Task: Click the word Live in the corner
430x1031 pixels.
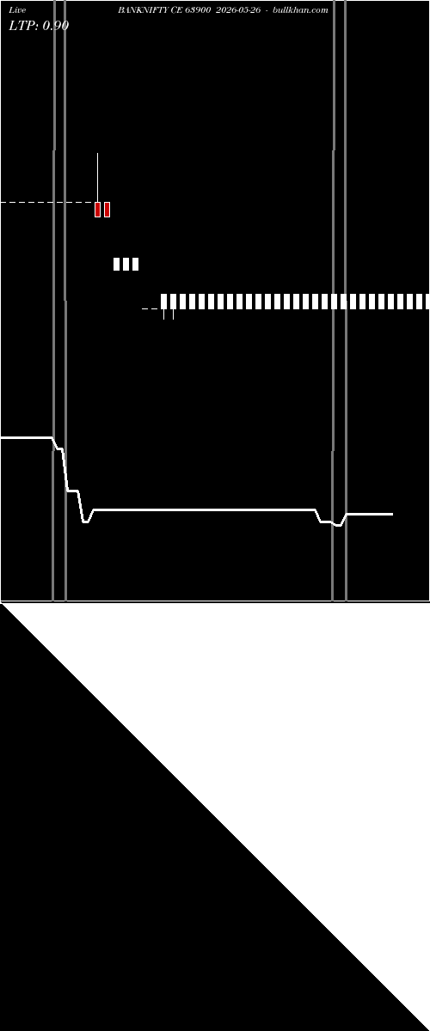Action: [x=17, y=10]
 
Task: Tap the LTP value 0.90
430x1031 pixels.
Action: [x=55, y=26]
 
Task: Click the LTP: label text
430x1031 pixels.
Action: [x=24, y=26]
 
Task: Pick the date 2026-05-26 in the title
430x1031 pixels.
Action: [x=238, y=10]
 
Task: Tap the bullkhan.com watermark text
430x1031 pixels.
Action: [x=300, y=10]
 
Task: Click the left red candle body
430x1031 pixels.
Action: [x=98, y=210]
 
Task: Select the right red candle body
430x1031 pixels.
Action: [x=107, y=210]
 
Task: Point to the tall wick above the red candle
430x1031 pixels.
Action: [x=98, y=178]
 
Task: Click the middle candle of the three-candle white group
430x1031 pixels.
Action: [x=126, y=265]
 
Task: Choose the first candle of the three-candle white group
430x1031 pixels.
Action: [x=117, y=265]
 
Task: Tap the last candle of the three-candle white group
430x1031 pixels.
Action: [x=136, y=265]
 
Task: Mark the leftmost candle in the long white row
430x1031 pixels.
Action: [x=163, y=302]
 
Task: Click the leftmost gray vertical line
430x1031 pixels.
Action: [x=54, y=301]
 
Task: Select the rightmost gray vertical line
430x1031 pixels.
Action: [x=346, y=301]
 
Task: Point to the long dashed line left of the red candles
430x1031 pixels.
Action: [x=47, y=203]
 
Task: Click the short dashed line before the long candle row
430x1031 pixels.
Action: [x=150, y=308]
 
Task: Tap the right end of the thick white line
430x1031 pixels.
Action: [x=393, y=514]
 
